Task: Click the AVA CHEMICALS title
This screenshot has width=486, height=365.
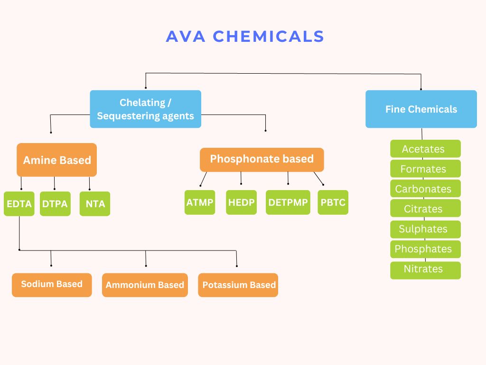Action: [245, 36]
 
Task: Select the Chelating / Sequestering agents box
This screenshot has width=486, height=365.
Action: [145, 109]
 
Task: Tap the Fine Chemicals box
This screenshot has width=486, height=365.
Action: [421, 109]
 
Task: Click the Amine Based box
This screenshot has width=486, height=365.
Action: [57, 160]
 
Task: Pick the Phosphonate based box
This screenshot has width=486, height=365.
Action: [262, 160]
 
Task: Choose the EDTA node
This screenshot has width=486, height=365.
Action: [19, 203]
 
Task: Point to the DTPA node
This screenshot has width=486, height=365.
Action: [55, 203]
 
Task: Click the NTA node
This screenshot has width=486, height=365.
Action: [95, 203]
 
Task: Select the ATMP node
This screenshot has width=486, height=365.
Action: [200, 202]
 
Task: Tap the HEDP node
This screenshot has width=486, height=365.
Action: [242, 202]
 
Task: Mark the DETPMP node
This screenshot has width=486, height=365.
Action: [288, 202]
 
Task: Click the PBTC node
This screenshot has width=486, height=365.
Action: [333, 202]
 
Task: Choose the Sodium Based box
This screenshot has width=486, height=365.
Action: [52, 285]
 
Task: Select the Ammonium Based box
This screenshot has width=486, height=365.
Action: [145, 285]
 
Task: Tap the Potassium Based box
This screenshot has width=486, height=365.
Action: [238, 285]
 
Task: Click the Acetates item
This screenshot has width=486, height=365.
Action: [425, 149]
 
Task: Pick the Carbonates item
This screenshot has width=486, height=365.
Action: [425, 188]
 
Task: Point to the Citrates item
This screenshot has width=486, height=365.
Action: [425, 208]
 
